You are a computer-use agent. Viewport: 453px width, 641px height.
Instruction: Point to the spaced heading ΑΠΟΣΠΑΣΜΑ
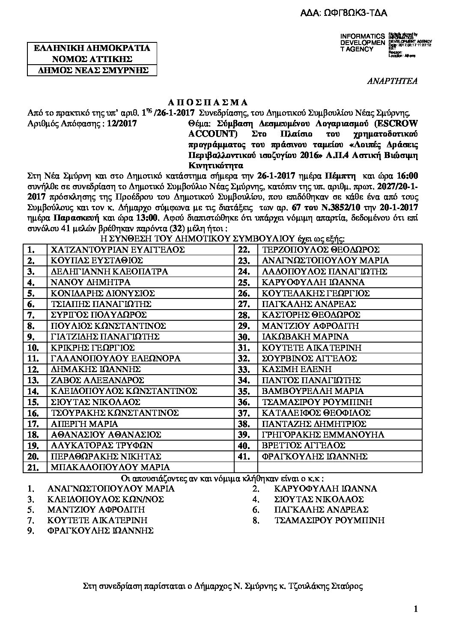click(212, 102)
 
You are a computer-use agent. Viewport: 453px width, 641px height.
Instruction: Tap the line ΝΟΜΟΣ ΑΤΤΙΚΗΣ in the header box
click(89, 59)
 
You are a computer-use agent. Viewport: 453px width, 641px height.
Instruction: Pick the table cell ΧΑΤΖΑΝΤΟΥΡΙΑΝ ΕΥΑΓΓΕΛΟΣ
click(117, 250)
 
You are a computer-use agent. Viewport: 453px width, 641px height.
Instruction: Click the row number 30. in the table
click(244, 337)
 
